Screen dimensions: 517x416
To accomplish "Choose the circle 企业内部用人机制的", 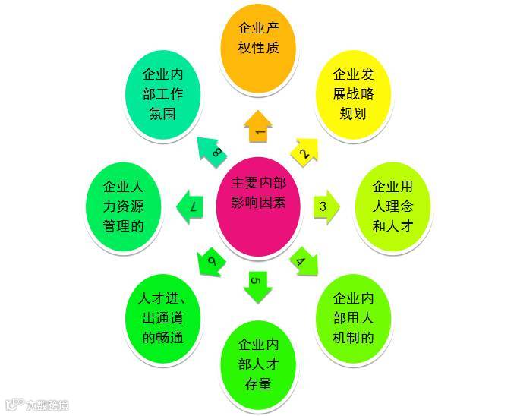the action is click(x=354, y=317).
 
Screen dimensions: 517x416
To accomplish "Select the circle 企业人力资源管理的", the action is click(x=122, y=206).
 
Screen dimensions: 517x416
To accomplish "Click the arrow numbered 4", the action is click(x=304, y=260).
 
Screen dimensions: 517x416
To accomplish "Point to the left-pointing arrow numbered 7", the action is click(x=191, y=206).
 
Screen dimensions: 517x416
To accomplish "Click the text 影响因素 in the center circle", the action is click(x=259, y=203).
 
